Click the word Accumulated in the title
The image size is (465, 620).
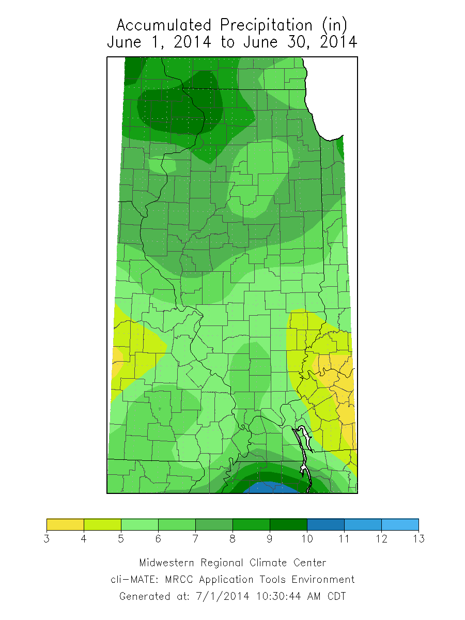click(x=164, y=25)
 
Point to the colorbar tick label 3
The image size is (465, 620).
click(x=47, y=539)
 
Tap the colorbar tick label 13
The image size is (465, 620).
click(x=419, y=539)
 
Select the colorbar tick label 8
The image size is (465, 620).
click(x=233, y=539)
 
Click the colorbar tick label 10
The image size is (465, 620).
click(x=307, y=539)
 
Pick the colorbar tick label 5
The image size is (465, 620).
click(x=121, y=539)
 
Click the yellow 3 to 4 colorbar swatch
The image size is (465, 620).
click(x=65, y=524)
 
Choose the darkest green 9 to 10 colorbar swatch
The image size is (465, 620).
click(x=288, y=524)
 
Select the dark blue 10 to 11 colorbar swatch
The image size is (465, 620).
click(x=326, y=524)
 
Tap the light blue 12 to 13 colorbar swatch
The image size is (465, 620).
click(x=400, y=524)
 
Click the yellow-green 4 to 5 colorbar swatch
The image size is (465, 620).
click(x=102, y=524)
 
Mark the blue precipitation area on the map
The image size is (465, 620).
click(x=271, y=488)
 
